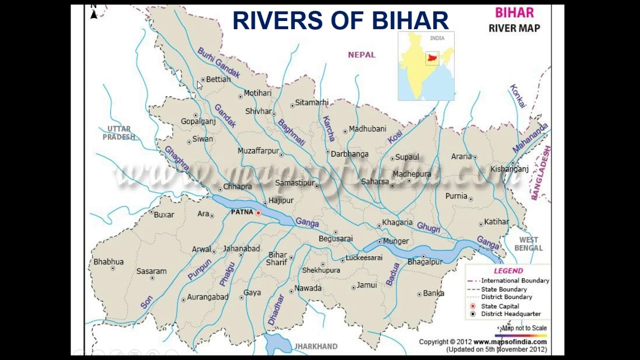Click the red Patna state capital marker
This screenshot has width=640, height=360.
258,213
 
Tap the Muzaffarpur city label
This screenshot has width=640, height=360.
258,150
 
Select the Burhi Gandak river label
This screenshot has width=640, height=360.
218,63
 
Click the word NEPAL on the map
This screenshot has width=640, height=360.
361,55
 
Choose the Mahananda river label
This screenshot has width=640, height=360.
530,138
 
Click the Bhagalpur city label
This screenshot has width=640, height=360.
425,262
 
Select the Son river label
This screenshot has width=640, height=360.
146,301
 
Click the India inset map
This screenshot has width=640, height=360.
426,66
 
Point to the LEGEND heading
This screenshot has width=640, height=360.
508,271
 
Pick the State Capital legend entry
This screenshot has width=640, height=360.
500,306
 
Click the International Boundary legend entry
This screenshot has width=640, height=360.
514,281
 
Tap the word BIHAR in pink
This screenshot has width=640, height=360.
514,12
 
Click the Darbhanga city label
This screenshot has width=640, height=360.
349,154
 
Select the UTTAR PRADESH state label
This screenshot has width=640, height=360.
119,133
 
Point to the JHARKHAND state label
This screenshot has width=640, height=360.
315,346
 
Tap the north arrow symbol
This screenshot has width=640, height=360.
93,13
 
